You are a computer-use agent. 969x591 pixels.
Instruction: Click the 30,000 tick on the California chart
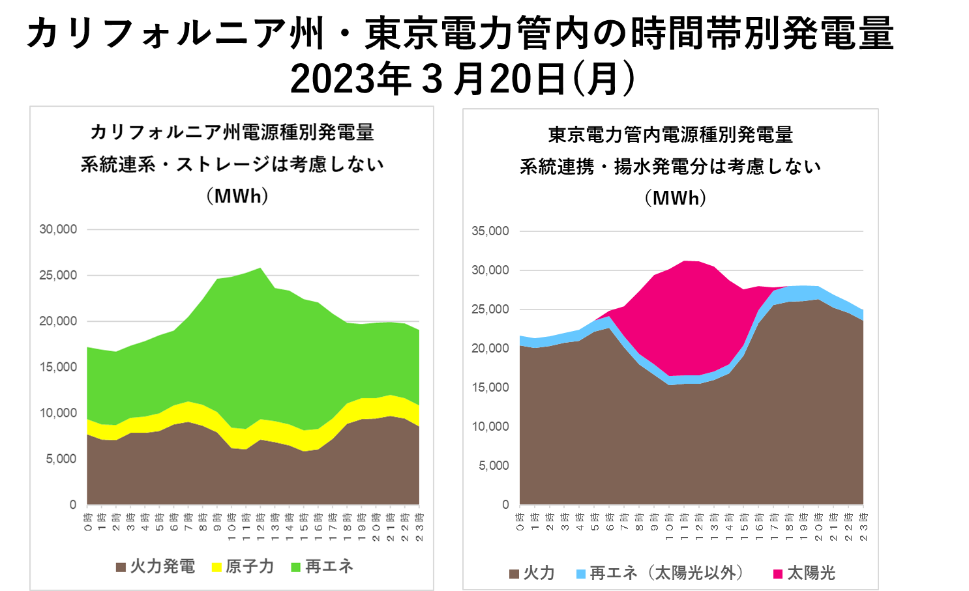coord(58,229)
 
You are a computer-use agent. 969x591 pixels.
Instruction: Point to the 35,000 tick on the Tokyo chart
coord(490,231)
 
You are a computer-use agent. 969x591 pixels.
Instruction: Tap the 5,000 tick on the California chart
coord(61,459)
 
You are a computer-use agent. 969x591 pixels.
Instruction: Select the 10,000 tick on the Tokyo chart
coord(490,427)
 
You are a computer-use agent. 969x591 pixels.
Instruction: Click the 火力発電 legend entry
coord(156,566)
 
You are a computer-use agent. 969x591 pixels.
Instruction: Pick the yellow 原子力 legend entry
coord(243,566)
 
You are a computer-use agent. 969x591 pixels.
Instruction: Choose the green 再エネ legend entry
coord(322,566)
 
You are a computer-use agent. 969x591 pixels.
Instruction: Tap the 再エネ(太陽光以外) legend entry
coord(659,573)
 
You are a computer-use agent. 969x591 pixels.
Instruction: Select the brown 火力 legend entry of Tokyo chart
coord(532,573)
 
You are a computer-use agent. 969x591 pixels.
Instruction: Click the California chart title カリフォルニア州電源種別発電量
coord(232,132)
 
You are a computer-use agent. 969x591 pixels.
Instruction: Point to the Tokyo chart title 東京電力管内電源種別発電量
coord(670,135)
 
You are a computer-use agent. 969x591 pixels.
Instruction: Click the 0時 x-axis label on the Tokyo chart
coord(520,522)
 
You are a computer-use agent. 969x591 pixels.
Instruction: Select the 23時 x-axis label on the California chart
coord(419,526)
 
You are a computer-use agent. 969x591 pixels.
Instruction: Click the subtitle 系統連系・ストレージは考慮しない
coord(232,164)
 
